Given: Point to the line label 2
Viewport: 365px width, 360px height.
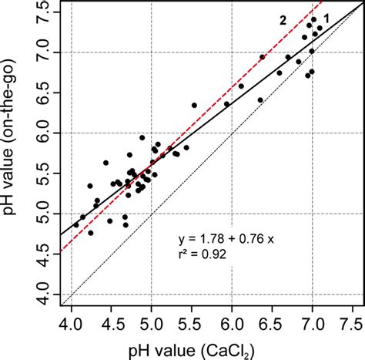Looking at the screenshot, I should click(283, 21).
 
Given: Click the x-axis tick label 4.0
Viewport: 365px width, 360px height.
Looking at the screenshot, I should click(71, 317).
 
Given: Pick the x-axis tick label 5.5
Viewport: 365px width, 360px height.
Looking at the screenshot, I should click(192, 317).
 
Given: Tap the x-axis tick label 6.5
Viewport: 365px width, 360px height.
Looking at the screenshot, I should click(273, 317).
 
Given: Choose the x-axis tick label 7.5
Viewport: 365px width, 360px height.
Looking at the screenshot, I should click(352, 317).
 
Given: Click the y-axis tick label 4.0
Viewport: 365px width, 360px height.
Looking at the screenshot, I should click(46, 294).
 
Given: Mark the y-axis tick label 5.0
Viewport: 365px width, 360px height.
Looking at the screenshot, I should click(46, 214).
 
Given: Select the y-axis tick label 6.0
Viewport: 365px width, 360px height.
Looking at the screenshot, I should click(46, 133).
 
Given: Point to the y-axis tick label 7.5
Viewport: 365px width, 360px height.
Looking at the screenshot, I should click(46, 12).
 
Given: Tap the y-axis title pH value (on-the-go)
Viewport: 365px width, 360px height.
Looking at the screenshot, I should click(15, 154).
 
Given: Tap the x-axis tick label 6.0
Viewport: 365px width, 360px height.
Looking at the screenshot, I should click(232, 317).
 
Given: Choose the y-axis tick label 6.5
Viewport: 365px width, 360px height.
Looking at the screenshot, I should click(46, 93).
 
